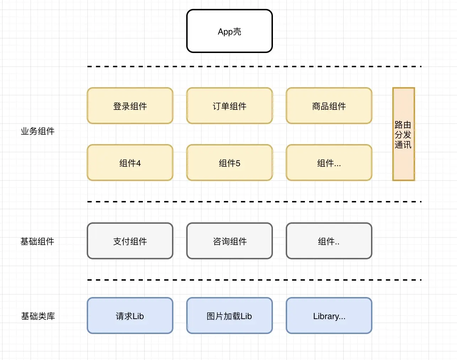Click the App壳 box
229,31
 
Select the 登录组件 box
130,106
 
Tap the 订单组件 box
229,106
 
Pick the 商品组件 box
329,106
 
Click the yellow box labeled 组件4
130,163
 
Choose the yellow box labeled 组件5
229,163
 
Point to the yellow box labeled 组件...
329,163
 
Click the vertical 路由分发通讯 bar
403,134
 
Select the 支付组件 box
130,241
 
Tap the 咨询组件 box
229,241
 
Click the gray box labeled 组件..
329,241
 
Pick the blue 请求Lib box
130,316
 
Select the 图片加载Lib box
229,316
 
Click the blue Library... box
329,316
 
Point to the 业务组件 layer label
37,131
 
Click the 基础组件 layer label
37,242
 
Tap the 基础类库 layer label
38,316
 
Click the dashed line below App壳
254,67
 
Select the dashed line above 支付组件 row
254,202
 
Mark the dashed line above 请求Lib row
254,280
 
